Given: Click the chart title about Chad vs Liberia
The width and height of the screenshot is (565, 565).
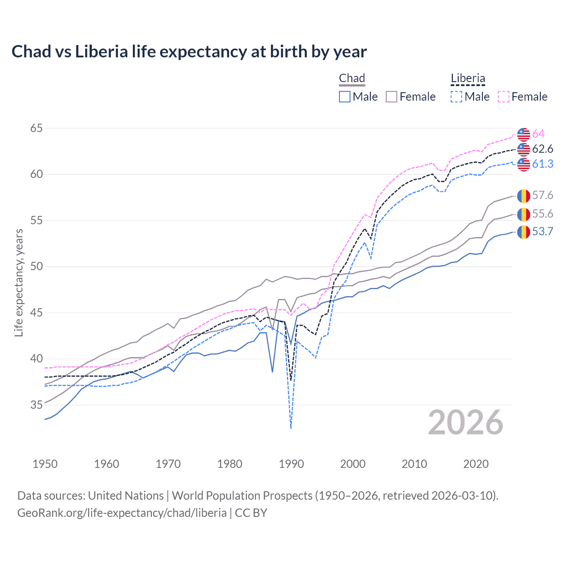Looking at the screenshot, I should point(189,52).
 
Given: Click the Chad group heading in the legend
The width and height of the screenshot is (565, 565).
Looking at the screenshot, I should point(352,79).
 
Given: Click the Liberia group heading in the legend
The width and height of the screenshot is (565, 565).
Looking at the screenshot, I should point(468,79).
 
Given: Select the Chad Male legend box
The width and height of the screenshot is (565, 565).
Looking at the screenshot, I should point(345,97).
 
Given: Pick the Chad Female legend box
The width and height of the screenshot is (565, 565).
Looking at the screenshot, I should point(392,97).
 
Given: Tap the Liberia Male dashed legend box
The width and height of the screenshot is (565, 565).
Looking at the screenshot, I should point(456,97).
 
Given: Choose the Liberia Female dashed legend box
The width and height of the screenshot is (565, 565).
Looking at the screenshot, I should point(504,97).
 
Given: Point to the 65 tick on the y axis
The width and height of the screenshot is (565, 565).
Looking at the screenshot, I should point(37,128).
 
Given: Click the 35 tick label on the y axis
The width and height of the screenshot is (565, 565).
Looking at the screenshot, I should point(37,405).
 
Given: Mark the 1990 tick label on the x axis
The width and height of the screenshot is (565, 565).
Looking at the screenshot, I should point(291,464).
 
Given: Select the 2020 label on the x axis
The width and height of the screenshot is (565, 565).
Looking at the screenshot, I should point(476,464).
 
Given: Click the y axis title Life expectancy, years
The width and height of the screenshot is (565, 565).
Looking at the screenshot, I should point(19,282).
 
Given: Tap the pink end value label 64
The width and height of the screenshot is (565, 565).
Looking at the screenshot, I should point(538,134).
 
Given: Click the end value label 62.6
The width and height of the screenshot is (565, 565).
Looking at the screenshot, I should point(542,149).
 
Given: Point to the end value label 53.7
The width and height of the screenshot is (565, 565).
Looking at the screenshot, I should point(542,231).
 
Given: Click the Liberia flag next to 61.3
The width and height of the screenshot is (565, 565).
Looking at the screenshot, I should point(524,164).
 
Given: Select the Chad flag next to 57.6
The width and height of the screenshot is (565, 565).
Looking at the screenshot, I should point(524,195).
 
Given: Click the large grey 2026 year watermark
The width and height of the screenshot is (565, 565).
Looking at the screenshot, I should point(466,422).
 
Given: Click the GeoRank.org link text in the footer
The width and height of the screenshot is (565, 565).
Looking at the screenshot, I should point(122,512).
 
